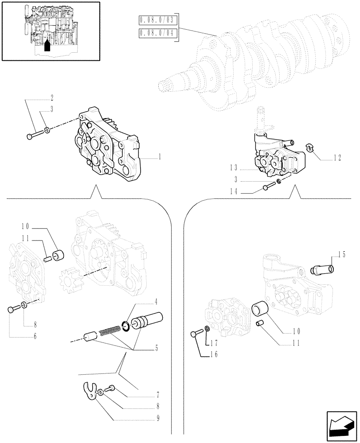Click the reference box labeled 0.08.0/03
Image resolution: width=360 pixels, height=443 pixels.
(x=157, y=21)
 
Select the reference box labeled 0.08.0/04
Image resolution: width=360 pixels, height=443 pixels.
(x=157, y=33)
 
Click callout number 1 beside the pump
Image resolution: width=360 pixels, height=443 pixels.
(x=160, y=157)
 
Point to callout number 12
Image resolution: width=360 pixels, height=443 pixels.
(x=338, y=157)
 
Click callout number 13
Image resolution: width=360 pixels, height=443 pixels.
(x=235, y=168)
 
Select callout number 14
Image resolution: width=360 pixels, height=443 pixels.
(x=235, y=192)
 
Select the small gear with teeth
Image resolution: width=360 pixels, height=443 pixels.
(x=68, y=280)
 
